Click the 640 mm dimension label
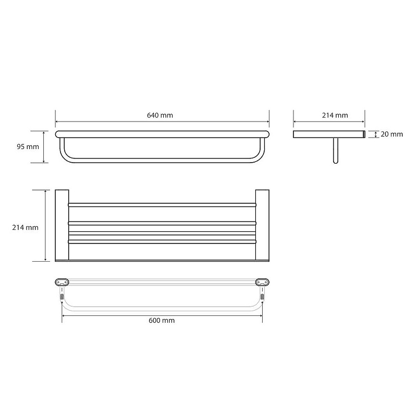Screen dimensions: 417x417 click(160, 115)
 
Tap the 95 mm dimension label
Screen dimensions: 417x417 click(28, 146)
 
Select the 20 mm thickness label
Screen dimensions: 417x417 click(392, 134)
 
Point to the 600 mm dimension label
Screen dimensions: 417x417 click(162, 320)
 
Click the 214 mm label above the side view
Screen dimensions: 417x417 click(335, 115)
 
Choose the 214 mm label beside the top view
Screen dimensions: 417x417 click(25, 227)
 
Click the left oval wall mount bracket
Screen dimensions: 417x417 click(62, 282)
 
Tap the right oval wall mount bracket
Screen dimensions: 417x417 click(263, 282)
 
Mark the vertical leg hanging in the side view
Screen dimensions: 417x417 click(336, 151)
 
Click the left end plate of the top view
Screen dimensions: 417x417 click(62, 225)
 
